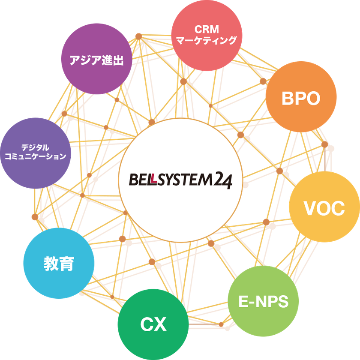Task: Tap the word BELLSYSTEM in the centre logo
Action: coord(169,179)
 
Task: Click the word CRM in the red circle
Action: coord(207,30)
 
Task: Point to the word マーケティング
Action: coord(207,41)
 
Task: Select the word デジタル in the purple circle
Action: coord(35,146)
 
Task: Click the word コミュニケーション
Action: coord(35,157)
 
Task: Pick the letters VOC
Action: coord(324,209)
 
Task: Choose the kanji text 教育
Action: coord(59,264)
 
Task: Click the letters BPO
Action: coord(301,99)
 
